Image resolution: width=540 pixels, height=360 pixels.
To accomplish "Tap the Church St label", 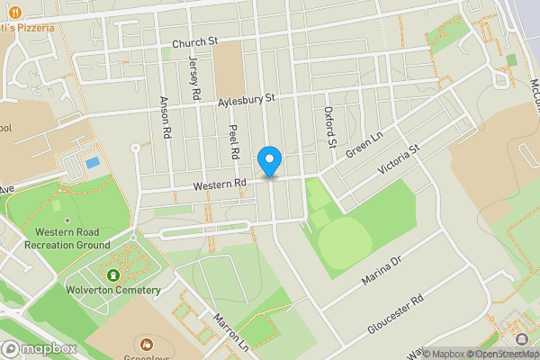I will click(x=195, y=41).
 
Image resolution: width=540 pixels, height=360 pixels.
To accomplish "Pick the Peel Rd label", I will click(x=233, y=142).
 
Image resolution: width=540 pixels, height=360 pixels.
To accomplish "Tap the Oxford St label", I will click(x=329, y=127).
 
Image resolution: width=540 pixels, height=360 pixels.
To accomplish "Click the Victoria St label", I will click(x=399, y=158).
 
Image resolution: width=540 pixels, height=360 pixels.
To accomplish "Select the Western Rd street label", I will click(x=220, y=184).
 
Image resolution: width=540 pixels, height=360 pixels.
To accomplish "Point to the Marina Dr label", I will click(x=380, y=271).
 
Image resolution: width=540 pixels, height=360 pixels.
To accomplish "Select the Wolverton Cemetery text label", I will click(x=112, y=290).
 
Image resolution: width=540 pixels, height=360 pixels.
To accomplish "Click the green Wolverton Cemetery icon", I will click(x=113, y=274).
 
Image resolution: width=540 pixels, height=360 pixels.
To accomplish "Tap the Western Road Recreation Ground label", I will click(x=67, y=238).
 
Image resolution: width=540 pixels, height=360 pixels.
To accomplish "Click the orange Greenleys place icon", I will click(x=147, y=344).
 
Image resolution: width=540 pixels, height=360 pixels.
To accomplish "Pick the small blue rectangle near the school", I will click(x=92, y=163).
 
